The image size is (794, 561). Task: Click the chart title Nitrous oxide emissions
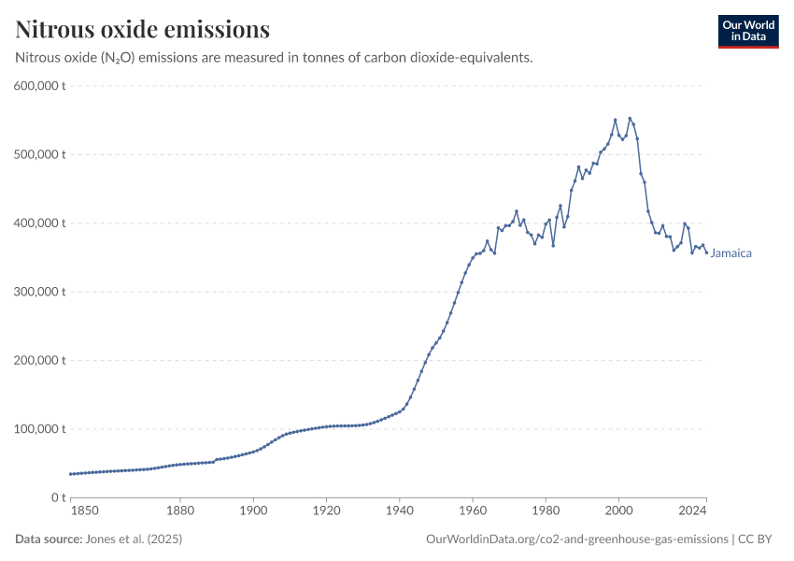pos(142,29)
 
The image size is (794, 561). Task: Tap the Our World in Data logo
pos(748,31)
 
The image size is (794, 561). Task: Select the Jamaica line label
pos(731,253)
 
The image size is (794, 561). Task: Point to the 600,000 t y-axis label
pos(38,86)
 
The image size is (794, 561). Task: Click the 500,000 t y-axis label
pos(38,154)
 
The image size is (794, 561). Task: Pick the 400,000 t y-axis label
pos(38,223)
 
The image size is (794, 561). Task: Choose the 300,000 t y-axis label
pos(38,292)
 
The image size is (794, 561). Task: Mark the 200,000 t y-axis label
pos(38,360)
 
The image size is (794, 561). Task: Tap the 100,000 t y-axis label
pos(38,429)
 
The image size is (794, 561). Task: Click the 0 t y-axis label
pos(57,497)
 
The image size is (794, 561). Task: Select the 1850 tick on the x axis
pos(84,511)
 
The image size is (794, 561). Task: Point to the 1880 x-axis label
pos(180,511)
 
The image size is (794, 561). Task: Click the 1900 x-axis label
pos(253,511)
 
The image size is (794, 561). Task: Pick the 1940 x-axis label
pos(399,511)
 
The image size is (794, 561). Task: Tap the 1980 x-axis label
pos(546,511)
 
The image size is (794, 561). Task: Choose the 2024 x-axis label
pos(692,511)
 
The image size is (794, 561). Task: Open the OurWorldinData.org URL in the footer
pos(576,539)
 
